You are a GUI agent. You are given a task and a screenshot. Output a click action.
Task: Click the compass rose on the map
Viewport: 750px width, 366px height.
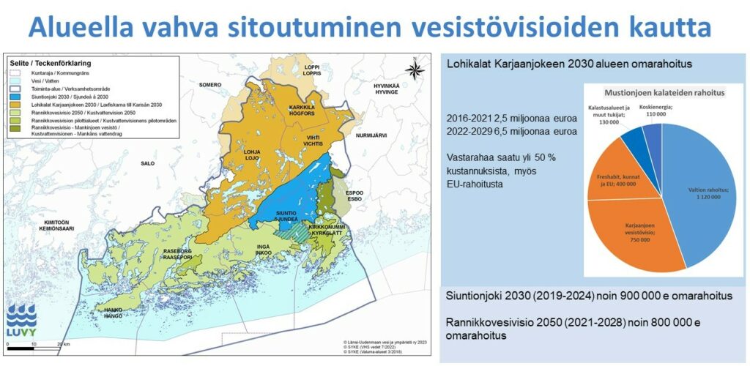[414, 70]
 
